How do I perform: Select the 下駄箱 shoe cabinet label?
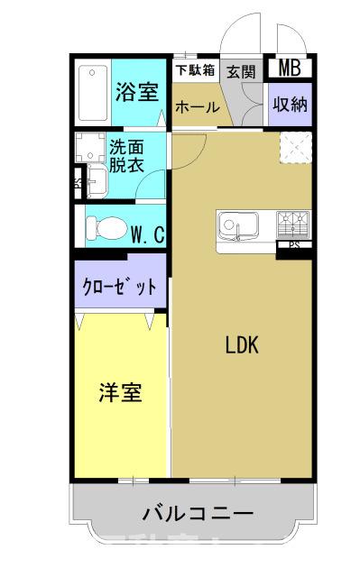[x=195, y=69]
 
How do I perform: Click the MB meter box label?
[x=290, y=67]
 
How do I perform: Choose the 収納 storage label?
[x=291, y=105]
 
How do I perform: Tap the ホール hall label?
[x=197, y=107]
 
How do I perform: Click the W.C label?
[x=146, y=235]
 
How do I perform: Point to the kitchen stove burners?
[x=293, y=221]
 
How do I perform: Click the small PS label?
[x=294, y=244]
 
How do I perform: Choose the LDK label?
[x=242, y=346]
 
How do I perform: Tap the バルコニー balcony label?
[x=198, y=514]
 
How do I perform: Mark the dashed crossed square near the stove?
[x=295, y=147]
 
